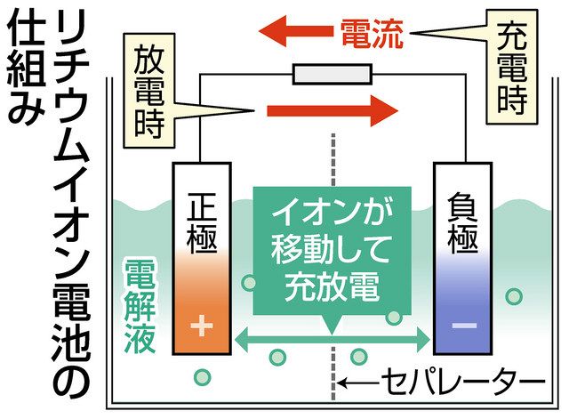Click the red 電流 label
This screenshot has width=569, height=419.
[373, 34]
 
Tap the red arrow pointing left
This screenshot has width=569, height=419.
[296, 31]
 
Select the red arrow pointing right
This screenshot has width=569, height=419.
[333, 110]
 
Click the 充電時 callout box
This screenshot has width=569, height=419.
[512, 67]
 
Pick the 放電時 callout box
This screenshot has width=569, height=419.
[149, 91]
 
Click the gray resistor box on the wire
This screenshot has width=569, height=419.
[333, 74]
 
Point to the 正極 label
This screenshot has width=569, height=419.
[202, 222]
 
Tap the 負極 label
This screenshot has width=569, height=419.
[462, 222]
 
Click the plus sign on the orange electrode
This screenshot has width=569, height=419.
[202, 325]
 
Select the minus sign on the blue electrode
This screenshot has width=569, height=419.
[464, 326]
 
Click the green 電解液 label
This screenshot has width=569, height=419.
[140, 306]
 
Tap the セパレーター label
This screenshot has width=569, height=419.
[463, 382]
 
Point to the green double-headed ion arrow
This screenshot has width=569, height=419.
[333, 340]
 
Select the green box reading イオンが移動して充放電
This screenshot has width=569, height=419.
[333, 251]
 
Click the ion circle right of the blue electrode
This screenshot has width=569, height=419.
[514, 296]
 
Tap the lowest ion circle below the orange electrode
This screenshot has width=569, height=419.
[202, 377]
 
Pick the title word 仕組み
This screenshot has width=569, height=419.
[26, 67]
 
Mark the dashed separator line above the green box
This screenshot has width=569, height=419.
[333, 160]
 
